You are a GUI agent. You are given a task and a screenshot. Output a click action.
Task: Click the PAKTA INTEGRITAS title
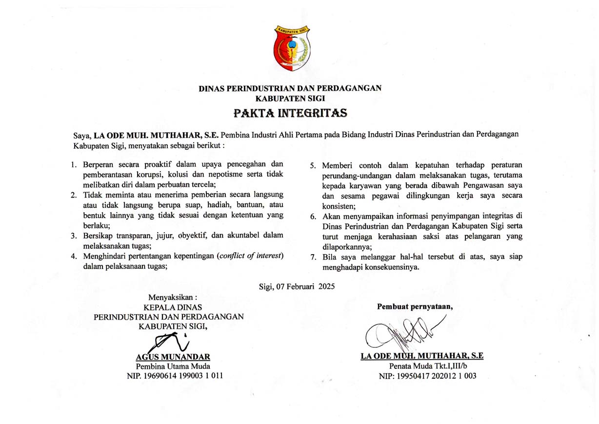tap(290, 114)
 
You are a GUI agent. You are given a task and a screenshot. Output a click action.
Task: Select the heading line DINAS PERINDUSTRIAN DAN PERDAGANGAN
tap(290, 88)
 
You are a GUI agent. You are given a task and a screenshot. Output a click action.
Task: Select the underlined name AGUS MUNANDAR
tap(173, 356)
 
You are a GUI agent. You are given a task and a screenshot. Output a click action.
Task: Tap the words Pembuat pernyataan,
tap(415, 306)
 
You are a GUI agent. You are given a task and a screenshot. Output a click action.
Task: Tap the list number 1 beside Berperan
tap(73, 164)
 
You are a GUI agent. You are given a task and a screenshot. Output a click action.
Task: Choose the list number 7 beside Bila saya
tap(313, 257)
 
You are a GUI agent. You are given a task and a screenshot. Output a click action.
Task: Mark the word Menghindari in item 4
tap(103, 256)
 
